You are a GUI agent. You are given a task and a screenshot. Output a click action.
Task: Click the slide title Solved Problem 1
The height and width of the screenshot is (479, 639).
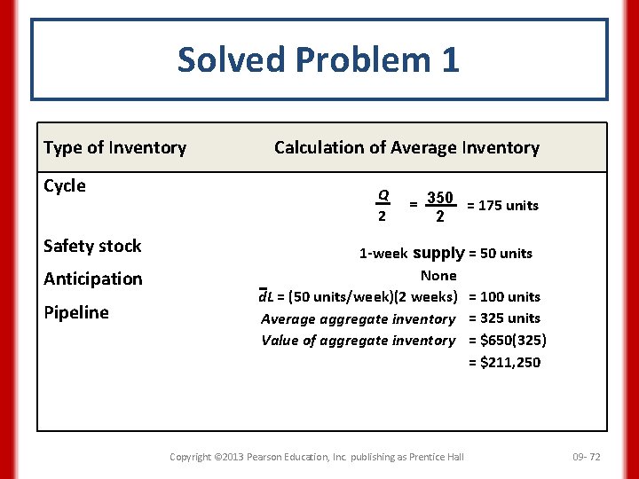(x=319, y=60)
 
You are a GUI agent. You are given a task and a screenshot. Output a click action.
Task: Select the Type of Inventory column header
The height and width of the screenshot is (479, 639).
(x=114, y=148)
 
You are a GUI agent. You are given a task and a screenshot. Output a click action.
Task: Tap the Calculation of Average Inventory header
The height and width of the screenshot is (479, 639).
(x=406, y=148)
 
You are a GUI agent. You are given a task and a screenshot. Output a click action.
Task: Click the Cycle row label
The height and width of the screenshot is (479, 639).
(x=65, y=186)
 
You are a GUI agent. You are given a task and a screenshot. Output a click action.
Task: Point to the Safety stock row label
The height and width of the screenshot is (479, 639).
(x=92, y=247)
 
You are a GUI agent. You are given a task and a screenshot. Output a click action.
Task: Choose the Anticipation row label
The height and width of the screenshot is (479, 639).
(x=92, y=279)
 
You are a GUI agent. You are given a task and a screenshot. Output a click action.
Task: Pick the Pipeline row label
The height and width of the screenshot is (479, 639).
(x=75, y=312)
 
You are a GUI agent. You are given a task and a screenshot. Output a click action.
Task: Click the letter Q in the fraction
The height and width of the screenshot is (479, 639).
(x=383, y=196)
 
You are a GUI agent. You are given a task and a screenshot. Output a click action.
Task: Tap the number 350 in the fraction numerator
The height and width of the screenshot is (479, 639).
(x=439, y=197)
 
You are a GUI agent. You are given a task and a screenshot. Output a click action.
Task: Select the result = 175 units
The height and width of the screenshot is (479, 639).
(x=502, y=206)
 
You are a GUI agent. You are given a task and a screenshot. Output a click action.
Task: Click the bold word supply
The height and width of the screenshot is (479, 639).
(x=438, y=253)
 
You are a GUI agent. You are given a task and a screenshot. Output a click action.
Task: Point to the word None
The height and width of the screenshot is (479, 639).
(x=438, y=276)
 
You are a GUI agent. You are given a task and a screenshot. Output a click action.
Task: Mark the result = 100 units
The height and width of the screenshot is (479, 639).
(x=504, y=297)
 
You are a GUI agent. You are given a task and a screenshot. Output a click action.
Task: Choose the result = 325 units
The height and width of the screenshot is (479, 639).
(x=504, y=318)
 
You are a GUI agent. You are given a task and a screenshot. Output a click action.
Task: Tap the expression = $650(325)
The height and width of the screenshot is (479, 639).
(x=507, y=341)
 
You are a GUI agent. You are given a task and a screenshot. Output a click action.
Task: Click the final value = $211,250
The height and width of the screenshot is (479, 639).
(x=504, y=362)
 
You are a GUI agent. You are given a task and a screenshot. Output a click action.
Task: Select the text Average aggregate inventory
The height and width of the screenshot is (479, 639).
(x=358, y=319)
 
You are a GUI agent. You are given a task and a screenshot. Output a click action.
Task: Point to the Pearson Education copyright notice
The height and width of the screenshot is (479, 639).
(x=316, y=457)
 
